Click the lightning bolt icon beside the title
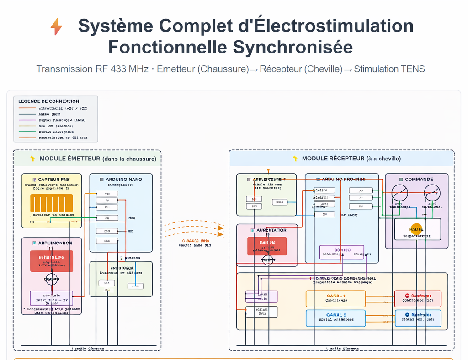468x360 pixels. [x=56, y=27]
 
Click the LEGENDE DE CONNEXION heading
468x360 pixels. [x=48, y=101]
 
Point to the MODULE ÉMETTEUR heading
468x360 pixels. [x=97, y=159]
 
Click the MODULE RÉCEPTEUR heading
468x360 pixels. [x=351, y=159]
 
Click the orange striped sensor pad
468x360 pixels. [x=51, y=203]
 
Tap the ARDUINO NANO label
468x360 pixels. [x=123, y=180]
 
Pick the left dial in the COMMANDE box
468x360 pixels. [x=399, y=192]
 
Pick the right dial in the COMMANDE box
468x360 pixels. [x=431, y=192]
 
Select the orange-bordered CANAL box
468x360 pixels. [x=336, y=298]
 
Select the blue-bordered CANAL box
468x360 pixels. [x=336, y=318]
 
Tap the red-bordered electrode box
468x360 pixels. [x=417, y=298]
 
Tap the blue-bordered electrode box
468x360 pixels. [x=417, y=318]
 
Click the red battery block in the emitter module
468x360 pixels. [x=51, y=261]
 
